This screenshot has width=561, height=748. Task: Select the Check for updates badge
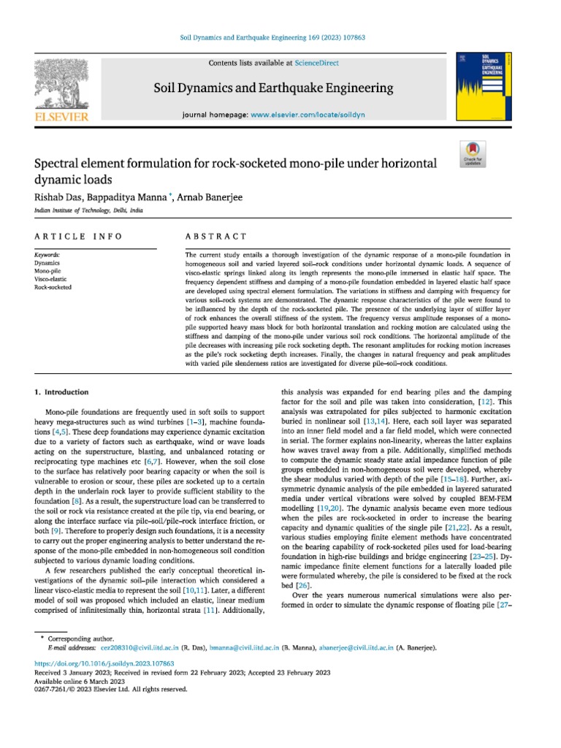coord(472,155)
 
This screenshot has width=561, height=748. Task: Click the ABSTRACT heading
coord(217,237)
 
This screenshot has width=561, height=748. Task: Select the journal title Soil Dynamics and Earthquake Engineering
coord(273,89)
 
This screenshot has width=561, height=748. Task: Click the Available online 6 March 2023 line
coord(81,680)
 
